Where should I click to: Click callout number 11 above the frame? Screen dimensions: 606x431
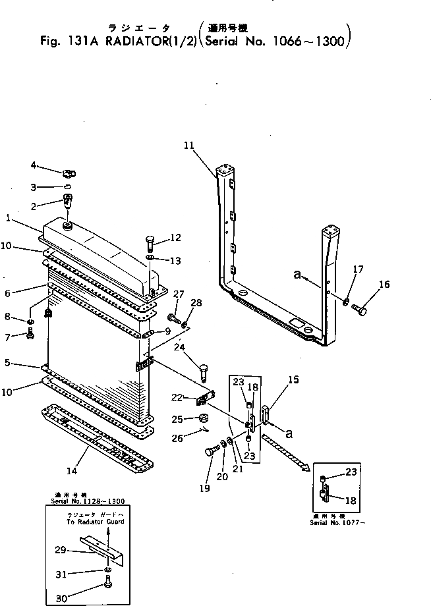190,145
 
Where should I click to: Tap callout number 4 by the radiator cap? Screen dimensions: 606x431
34,165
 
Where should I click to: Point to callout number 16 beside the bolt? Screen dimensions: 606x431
384,284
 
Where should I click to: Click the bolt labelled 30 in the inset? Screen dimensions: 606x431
108,582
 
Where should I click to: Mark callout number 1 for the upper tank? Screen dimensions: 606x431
8,217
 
